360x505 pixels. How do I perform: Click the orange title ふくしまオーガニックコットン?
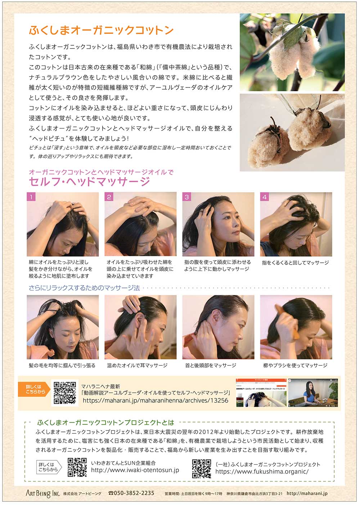(x=101, y=30)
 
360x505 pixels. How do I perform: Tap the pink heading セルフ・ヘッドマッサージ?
(x=90, y=181)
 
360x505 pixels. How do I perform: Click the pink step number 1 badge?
(x=31, y=197)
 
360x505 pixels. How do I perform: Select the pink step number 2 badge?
(x=109, y=197)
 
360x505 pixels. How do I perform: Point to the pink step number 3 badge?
(x=186, y=197)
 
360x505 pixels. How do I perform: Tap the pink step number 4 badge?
(x=265, y=197)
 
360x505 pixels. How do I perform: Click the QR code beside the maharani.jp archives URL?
(x=65, y=393)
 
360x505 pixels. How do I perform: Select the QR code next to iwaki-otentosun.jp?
(x=77, y=467)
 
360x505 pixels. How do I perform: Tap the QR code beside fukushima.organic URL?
(x=202, y=469)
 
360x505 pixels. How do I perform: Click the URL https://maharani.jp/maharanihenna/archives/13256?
(x=156, y=400)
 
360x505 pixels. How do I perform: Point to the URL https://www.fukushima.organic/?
(x=262, y=472)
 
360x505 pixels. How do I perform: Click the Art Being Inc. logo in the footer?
(x=42, y=493)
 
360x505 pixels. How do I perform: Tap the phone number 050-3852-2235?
(x=131, y=493)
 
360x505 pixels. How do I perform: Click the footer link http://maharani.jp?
(x=307, y=493)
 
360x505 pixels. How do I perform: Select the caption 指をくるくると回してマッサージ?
(x=295, y=263)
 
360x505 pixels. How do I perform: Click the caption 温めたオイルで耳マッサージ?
(x=137, y=365)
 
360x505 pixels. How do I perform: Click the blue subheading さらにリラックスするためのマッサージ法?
(x=84, y=288)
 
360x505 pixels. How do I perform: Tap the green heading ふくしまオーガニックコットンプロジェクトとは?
(x=106, y=423)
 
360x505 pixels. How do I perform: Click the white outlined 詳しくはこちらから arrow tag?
(x=49, y=467)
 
